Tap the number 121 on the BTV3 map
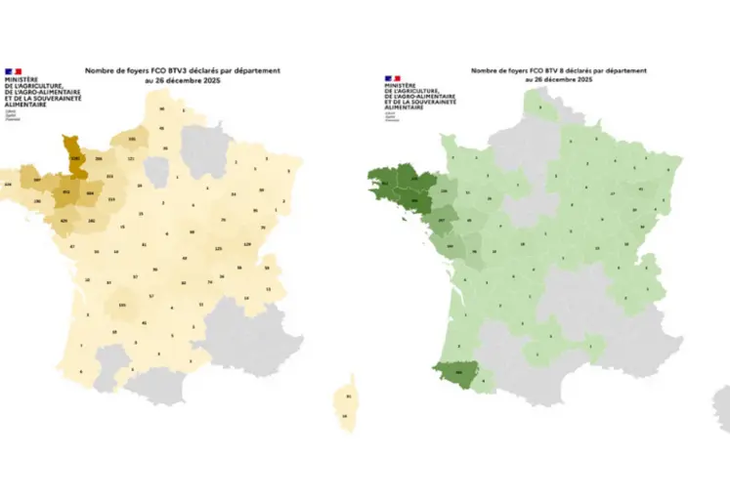point(131,158)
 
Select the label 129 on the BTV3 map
point(247,243)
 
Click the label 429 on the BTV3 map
point(64,221)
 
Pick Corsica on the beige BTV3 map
point(350,405)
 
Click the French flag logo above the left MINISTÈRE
point(14,71)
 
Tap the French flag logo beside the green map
point(392,75)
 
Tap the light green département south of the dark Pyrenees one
point(482,385)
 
